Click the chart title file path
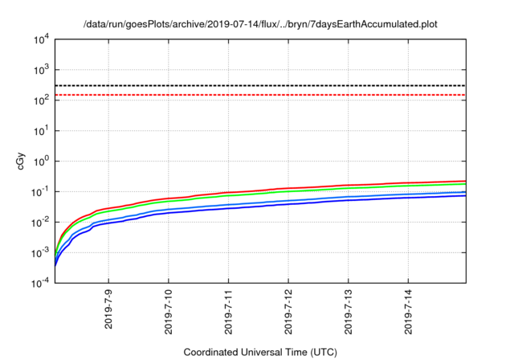coord(257,25)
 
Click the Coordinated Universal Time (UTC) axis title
coord(259,352)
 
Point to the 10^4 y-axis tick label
coord(41,39)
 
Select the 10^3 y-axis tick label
coord(41,69)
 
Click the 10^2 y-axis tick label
coord(41,100)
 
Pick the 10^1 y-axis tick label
coord(41,130)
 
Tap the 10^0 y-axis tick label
coord(41,161)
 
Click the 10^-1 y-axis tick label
coord(40,191)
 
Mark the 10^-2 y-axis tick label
coord(40,222)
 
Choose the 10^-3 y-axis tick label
coord(40,252)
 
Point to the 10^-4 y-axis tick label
coord(40,283)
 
